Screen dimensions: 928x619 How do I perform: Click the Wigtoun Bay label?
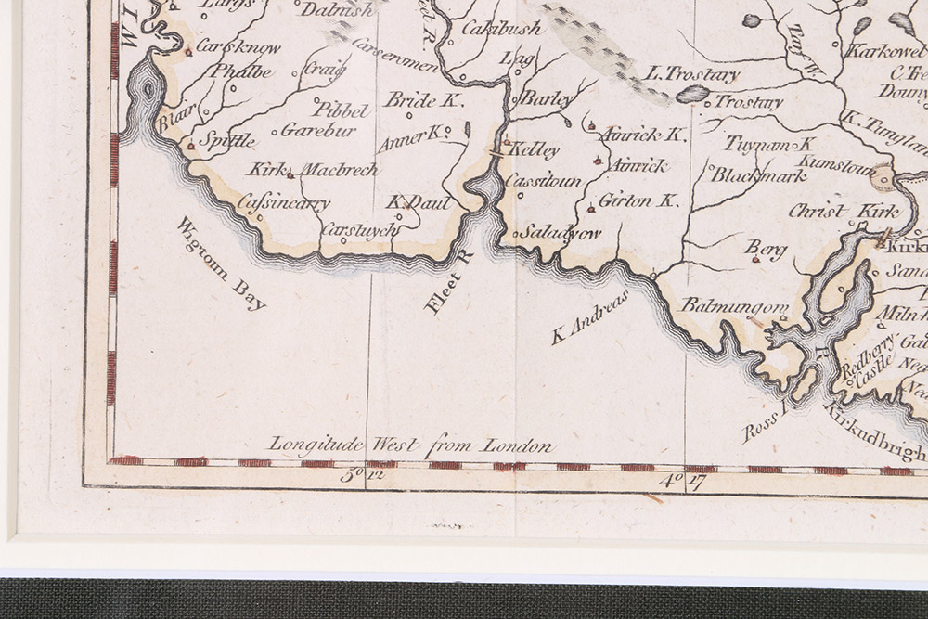221,263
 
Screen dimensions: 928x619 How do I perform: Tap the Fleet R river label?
449,284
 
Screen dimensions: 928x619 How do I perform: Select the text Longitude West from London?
411,445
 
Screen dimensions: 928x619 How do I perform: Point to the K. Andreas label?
591,318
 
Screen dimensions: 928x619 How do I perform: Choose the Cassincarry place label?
283,201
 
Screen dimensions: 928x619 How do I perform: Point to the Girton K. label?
638,200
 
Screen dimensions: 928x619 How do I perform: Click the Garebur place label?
318,130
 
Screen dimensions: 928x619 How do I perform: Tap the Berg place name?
766,249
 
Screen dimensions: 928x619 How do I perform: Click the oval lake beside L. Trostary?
691,94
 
